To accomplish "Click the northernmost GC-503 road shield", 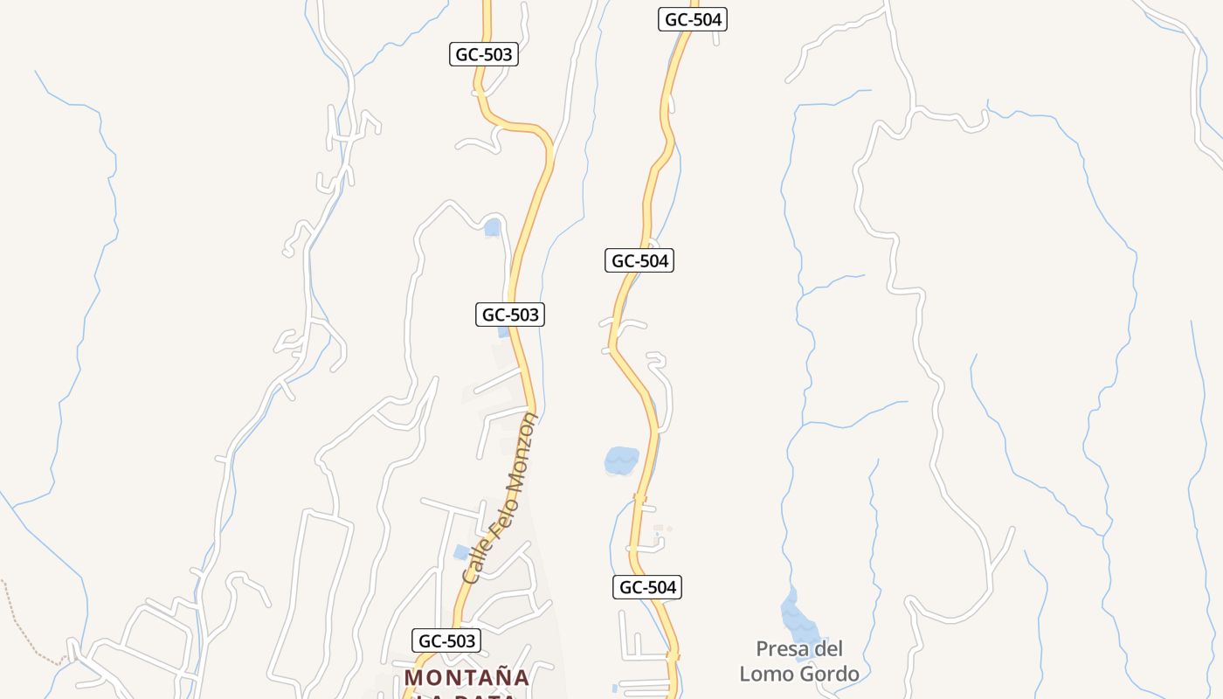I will click(x=484, y=54).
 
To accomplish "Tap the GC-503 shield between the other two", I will click(x=510, y=315).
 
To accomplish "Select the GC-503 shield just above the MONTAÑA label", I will click(x=446, y=640).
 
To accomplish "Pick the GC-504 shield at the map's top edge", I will click(x=693, y=19).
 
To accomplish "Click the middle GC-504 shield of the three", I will click(x=640, y=260).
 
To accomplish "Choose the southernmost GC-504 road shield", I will click(x=647, y=587).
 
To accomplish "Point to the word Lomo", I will click(x=764, y=674).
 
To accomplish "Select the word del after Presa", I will click(x=826, y=649).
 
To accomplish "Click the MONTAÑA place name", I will click(x=466, y=677).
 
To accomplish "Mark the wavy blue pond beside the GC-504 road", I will click(x=621, y=460).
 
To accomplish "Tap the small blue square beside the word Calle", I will click(x=461, y=552).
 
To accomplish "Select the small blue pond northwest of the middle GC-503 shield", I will click(x=493, y=228).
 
